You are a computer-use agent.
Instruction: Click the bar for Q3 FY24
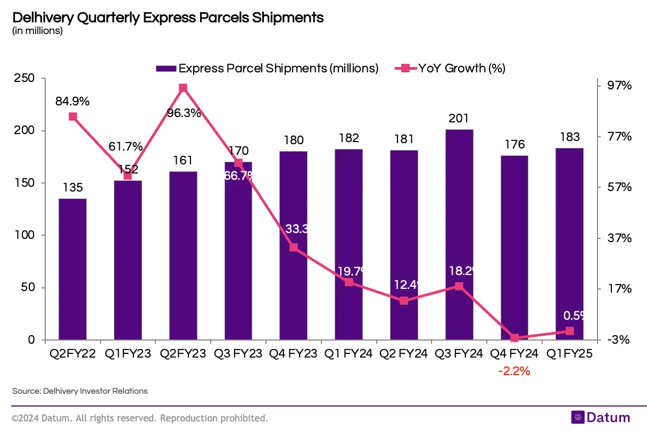[459, 234]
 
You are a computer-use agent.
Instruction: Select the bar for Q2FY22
[72, 269]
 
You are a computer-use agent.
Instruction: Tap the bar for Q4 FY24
[515, 247]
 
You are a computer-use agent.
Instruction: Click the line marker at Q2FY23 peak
[183, 88]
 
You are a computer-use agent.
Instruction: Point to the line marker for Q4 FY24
[515, 338]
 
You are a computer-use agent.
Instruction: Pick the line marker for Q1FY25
[570, 331]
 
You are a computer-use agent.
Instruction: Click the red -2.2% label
[514, 371]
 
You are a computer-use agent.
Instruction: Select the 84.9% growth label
[72, 101]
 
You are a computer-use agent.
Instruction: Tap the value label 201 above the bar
[459, 119]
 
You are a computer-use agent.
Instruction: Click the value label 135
[72, 188]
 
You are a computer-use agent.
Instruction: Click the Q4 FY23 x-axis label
[293, 354]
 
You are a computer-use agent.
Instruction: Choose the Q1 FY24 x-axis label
[349, 354]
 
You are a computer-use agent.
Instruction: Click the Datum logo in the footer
[600, 418]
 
